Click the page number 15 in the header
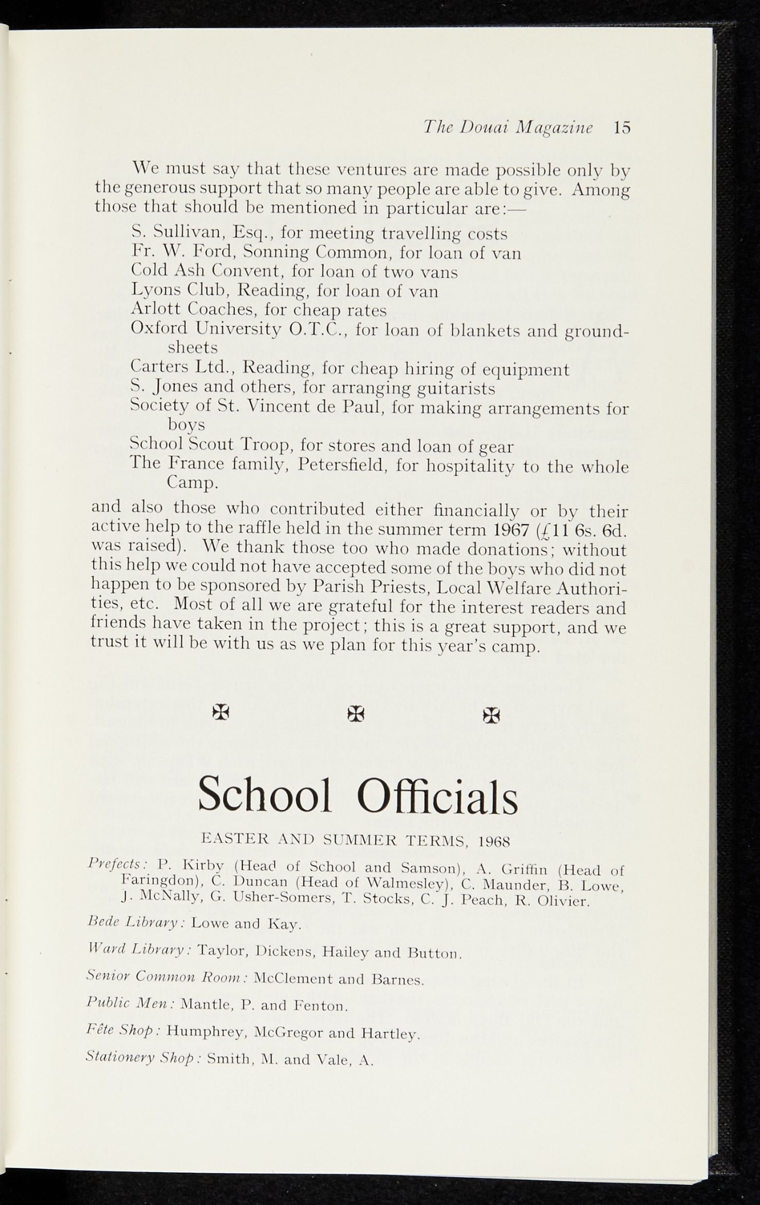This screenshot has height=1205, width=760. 621,128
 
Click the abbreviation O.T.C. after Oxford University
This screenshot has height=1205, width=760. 318,329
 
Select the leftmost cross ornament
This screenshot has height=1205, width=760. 221,713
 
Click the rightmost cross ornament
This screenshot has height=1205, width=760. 491,715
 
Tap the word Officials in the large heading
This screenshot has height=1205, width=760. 437,795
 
